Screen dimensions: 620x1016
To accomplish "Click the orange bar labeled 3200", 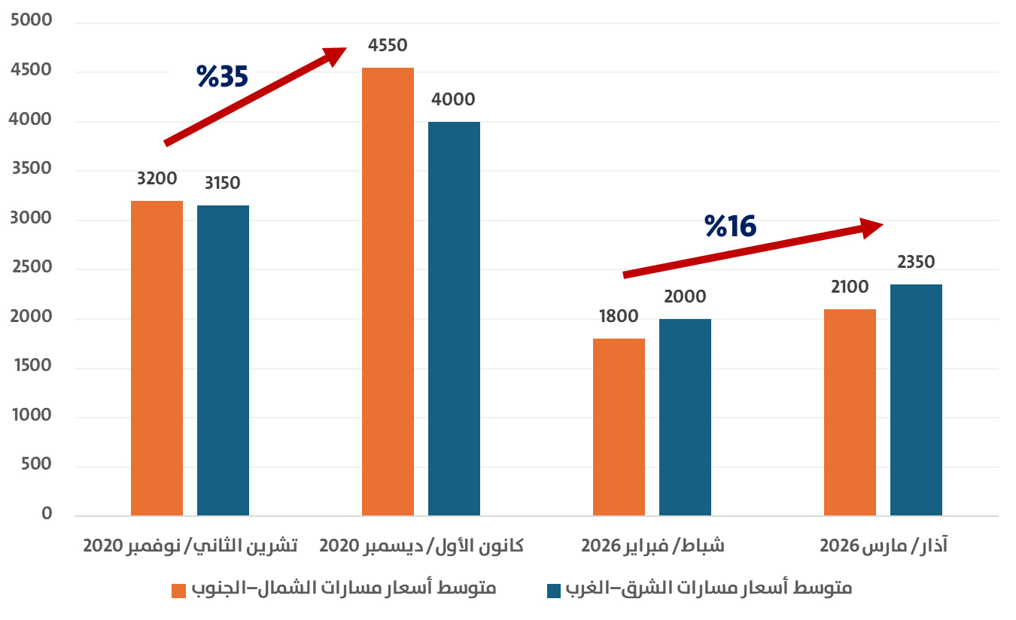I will [157, 358].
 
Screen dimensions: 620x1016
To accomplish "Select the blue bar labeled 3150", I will [223, 360].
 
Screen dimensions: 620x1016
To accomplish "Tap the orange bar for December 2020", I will [388, 292].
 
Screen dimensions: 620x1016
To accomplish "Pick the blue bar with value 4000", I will [454, 318].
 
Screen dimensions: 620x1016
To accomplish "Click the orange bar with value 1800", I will [619, 427].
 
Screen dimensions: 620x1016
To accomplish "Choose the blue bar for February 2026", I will [685, 417].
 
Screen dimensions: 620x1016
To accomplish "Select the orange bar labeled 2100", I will [850, 412].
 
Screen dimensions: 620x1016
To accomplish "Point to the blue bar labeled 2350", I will [916, 400].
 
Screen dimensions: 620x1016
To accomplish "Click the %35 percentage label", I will [222, 76].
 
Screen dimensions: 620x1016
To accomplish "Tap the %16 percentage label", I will [730, 226].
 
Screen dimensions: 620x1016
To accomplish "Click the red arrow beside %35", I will [256, 96].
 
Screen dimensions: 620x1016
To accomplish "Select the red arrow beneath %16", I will [753, 251].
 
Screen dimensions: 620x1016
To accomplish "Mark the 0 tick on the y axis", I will [47, 514].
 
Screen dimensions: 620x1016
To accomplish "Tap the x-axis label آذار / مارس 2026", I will [883, 546].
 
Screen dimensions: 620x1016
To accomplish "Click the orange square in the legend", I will [179, 591].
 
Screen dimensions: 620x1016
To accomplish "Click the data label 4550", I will [388, 46].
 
